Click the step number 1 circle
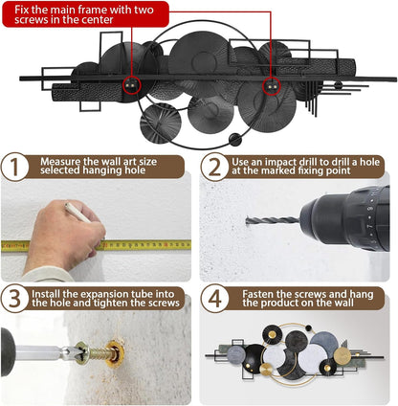pos(15,167)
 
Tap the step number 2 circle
pos(214,167)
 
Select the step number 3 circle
pos(15,299)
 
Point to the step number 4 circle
pos(214,299)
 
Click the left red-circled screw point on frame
pos(132,85)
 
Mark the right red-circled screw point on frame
pos(272,86)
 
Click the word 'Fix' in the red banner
pos(22,10)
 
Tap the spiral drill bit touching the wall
pos(273,220)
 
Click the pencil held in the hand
pos(77,213)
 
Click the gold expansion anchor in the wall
pos(115,354)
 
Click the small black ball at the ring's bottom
pos(235,140)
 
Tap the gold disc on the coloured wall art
pos(343,356)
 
